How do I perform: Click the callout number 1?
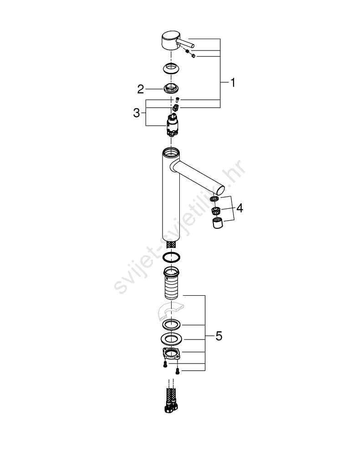pyautogui.click(x=233, y=83)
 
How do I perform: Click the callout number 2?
pyautogui.click(x=141, y=89)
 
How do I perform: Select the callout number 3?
pyautogui.click(x=137, y=112)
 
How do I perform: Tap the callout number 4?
pyautogui.click(x=239, y=208)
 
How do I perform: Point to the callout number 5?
pyautogui.click(x=219, y=336)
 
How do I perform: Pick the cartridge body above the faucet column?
pyautogui.click(x=172, y=126)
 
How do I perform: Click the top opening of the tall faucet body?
pyautogui.click(x=171, y=152)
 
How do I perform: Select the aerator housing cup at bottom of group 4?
pyautogui.click(x=217, y=222)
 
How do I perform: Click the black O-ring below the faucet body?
pyautogui.click(x=171, y=257)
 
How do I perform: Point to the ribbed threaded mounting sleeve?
pyautogui.click(x=171, y=283)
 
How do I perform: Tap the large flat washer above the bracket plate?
pyautogui.click(x=171, y=339)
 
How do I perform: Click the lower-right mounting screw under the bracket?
pyautogui.click(x=177, y=371)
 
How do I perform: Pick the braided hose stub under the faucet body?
pyautogui.click(x=171, y=244)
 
